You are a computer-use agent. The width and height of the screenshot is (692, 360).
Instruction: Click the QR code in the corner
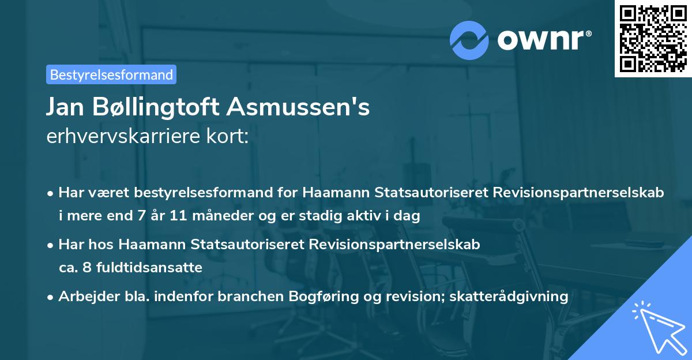pyautogui.click(x=653, y=38)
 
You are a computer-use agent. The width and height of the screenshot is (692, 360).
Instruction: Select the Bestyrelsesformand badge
pyautogui.click(x=111, y=74)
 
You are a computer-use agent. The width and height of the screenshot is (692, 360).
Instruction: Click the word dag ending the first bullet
pyautogui.click(x=408, y=216)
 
